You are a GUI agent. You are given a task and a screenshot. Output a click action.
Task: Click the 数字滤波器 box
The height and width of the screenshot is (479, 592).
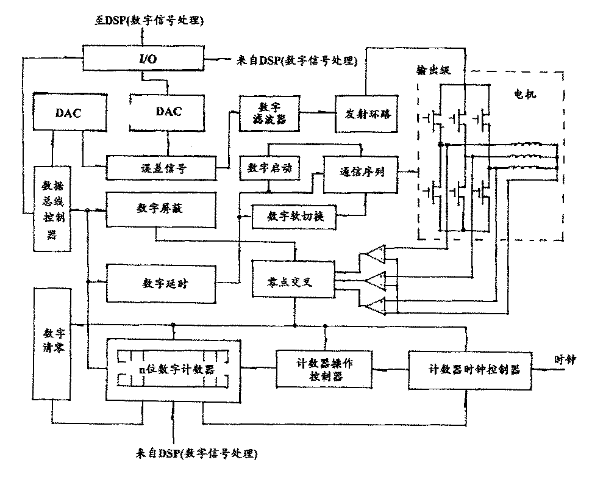tap(269, 112)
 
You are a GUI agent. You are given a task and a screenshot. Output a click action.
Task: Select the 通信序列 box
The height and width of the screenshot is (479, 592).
tap(360, 173)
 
